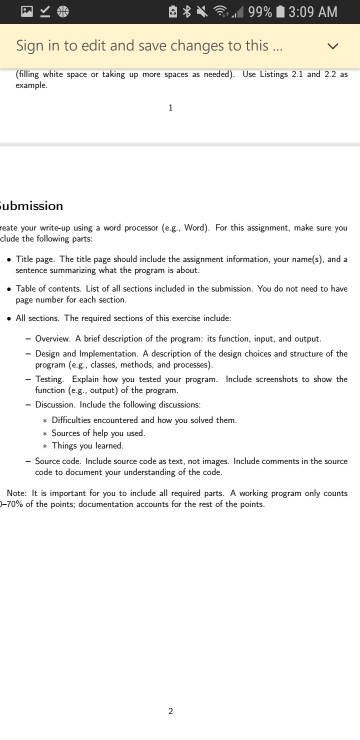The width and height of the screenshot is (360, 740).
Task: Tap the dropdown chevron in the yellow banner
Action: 333,46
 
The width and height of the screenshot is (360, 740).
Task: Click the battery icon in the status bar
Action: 282,12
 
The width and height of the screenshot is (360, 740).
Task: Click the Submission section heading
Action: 31,206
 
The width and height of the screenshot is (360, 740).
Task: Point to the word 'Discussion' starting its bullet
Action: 56,404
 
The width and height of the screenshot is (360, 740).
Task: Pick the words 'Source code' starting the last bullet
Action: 58,461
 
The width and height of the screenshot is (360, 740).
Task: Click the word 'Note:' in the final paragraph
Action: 17,494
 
